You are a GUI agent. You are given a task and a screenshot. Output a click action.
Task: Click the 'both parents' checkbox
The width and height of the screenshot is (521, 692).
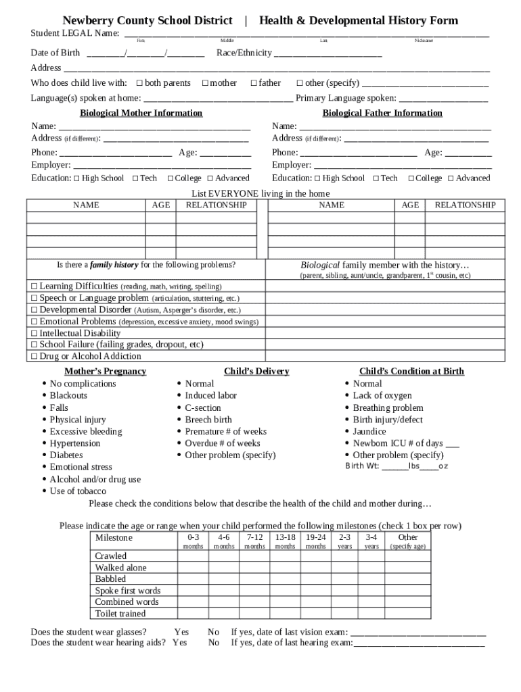coord(139,83)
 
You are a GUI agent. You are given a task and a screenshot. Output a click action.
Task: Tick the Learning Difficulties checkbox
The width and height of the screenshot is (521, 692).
coord(35,287)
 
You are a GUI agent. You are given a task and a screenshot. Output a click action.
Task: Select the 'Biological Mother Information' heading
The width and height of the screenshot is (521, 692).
coord(141,113)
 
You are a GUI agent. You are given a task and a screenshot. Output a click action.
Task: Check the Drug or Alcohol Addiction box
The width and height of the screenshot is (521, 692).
coord(35,356)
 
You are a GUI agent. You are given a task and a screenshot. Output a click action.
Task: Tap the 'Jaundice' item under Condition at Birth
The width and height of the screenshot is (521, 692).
coord(369,431)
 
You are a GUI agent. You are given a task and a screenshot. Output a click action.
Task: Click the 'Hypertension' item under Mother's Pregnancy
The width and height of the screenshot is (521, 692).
coord(74,443)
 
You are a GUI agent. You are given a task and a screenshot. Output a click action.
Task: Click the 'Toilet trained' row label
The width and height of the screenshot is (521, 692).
coord(120,614)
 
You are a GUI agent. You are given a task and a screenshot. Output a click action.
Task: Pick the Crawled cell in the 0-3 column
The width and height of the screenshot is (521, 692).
coord(193,556)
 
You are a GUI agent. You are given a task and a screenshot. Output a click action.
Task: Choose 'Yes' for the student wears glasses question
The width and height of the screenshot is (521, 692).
coord(181,632)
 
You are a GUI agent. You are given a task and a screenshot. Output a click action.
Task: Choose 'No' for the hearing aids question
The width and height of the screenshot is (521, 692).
coord(214,643)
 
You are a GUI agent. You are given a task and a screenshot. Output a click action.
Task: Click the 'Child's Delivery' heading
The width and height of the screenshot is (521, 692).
coord(256,371)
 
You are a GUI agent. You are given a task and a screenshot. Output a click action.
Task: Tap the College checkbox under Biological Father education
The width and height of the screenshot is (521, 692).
coord(411,178)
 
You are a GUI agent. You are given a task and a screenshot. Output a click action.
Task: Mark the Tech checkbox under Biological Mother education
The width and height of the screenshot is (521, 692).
coord(135,178)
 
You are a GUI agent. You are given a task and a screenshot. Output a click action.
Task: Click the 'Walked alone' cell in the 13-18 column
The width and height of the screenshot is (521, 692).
coord(285,568)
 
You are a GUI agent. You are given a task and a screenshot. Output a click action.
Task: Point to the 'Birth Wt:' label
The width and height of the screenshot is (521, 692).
coord(362,466)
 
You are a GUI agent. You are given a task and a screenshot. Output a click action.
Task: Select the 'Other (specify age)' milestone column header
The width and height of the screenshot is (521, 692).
coord(407,541)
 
